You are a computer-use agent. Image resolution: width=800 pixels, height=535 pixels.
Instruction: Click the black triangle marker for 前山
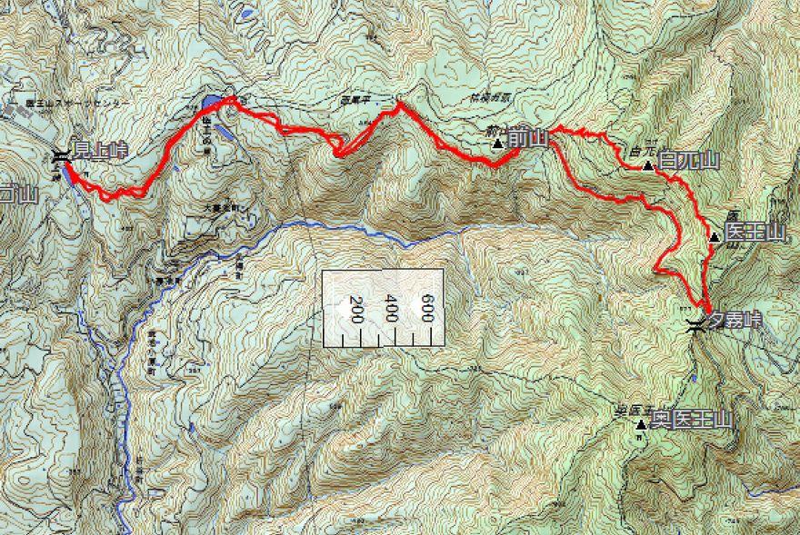pos(497,143)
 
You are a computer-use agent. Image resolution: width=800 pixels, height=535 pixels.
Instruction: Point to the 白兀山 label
pos(688,163)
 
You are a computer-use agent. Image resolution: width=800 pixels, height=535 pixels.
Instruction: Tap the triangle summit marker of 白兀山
pos(647,165)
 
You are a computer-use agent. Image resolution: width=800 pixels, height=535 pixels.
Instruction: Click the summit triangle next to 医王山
pos(715,237)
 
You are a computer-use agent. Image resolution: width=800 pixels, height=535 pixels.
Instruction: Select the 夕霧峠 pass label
pos(736,320)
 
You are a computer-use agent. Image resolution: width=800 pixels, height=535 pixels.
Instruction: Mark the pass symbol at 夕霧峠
pos(695,325)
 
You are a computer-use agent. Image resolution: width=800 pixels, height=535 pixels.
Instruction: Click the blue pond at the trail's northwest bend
pos(211,100)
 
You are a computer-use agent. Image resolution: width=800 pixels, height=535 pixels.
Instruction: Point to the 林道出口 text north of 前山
pos(488,96)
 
